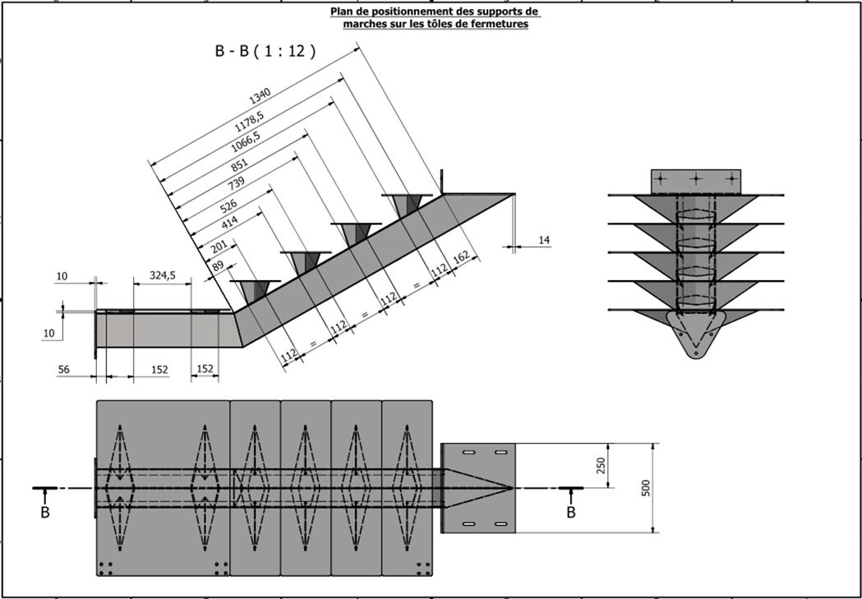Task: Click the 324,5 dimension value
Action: coord(162,276)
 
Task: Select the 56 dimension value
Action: coord(64,370)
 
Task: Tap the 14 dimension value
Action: coord(544,239)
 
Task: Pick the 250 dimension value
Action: coord(601,466)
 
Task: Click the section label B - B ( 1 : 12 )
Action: coord(265,51)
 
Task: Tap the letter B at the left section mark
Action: coord(44,513)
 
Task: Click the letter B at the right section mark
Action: coord(571,513)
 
